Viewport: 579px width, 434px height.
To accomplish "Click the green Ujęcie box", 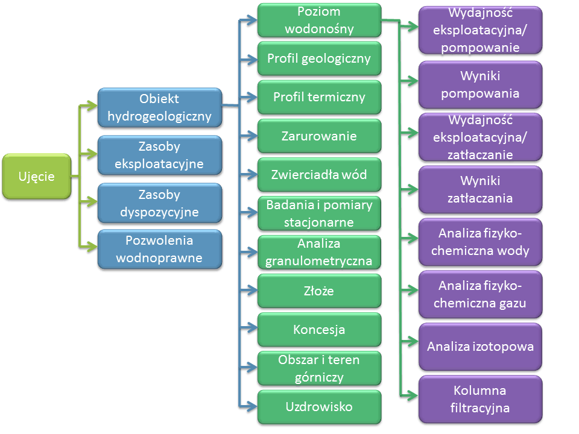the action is [x=37, y=177].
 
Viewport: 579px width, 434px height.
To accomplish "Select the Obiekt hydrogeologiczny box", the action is [x=159, y=107].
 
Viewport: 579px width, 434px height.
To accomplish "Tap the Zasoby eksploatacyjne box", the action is [x=159, y=155].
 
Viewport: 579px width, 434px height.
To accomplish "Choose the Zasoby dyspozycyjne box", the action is [x=159, y=203].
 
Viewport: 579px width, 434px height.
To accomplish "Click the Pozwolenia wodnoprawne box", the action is [x=159, y=249].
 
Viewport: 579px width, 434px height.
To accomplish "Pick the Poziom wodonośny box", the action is [x=320, y=20].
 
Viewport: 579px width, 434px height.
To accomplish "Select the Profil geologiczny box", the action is [x=320, y=58].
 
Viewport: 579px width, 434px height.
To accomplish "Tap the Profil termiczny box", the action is [x=320, y=97].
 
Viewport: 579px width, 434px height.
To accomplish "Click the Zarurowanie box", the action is [x=320, y=136].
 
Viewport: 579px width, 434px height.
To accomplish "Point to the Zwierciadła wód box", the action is [x=320, y=175].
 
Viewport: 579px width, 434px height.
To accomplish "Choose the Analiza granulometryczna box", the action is [x=320, y=252].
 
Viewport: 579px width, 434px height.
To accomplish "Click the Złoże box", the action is [x=320, y=291].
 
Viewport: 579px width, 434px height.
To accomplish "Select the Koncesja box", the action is [x=320, y=330].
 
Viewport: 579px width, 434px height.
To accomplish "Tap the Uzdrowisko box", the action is [x=320, y=407].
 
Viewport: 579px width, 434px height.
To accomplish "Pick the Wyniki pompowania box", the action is [x=481, y=84].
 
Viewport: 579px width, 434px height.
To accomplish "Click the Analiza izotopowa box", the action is [x=481, y=347].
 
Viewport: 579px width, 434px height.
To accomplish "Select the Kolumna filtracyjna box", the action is [x=481, y=399].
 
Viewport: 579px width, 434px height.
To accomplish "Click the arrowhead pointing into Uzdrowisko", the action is [x=252, y=406].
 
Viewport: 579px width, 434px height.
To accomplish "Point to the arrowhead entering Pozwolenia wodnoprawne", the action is [x=92, y=246].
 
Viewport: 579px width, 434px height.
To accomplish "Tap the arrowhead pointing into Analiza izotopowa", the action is [x=413, y=341].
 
